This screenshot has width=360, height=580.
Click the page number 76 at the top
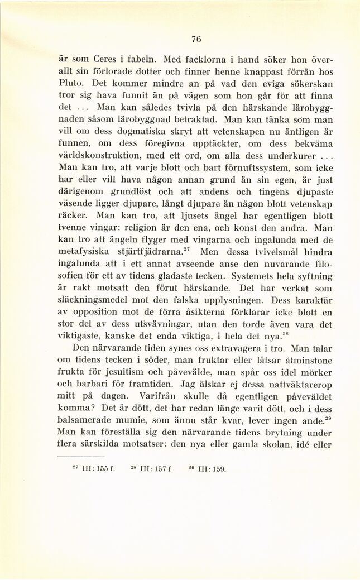pos(195,39)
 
